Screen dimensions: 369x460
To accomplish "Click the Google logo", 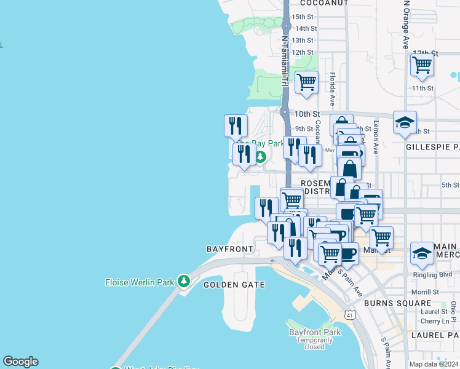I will (x=20, y=362).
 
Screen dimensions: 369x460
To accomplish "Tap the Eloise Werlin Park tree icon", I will (x=183, y=281).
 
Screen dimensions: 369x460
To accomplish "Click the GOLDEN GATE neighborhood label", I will (x=234, y=285).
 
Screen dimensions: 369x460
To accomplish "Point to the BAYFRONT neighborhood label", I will (x=230, y=249).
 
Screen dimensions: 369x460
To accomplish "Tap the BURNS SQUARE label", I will (x=397, y=303).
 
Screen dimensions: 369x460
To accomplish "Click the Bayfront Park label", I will (x=314, y=332).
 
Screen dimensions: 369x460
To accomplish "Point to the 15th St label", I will (x=303, y=17).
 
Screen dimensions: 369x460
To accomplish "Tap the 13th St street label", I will (x=303, y=41).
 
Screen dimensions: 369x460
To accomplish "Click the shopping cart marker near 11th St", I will (x=422, y=65).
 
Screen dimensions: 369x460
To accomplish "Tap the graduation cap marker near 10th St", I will (x=405, y=123).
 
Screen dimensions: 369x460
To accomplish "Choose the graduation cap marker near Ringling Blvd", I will (x=422, y=253).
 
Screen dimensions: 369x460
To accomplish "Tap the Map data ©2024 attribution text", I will (x=434, y=364).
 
